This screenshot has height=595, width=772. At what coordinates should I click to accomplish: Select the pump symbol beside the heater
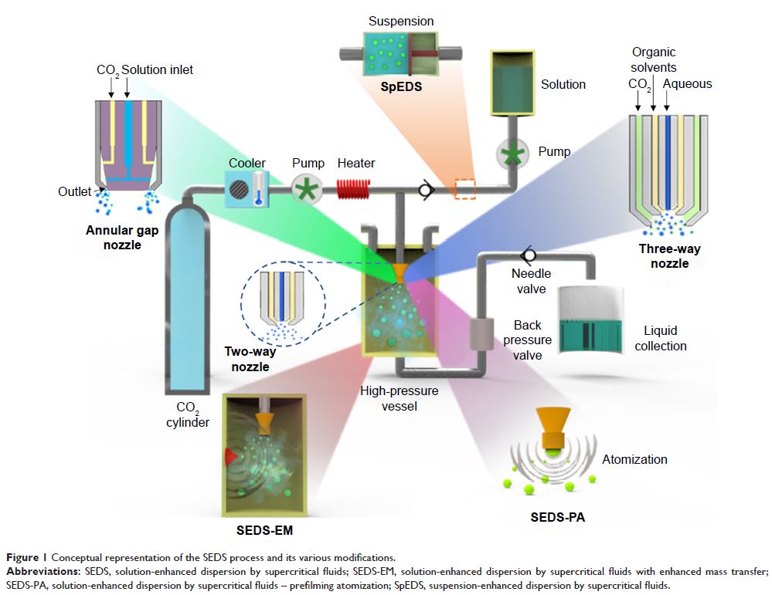pyautogui.click(x=307, y=189)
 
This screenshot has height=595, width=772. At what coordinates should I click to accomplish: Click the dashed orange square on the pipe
pyautogui.click(x=464, y=189)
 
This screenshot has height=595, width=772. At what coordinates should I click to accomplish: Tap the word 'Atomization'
pyautogui.click(x=634, y=459)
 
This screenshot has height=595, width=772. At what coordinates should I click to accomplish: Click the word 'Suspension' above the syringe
pyautogui.click(x=401, y=22)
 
